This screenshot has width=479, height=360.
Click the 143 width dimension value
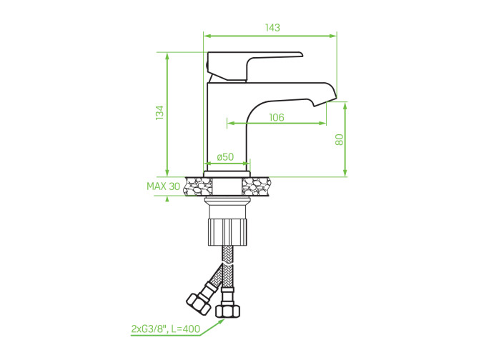coord(272,28)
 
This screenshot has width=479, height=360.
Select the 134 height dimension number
coord(159,113)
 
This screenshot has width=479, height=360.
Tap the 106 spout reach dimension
coord(277,117)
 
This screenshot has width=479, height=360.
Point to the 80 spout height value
coord(340,139)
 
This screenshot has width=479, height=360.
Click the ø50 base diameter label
coord(225,157)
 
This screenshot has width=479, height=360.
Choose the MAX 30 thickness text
coord(164,186)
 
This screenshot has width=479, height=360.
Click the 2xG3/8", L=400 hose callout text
coord(166,329)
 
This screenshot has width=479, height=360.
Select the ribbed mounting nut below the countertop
coord(227,232)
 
